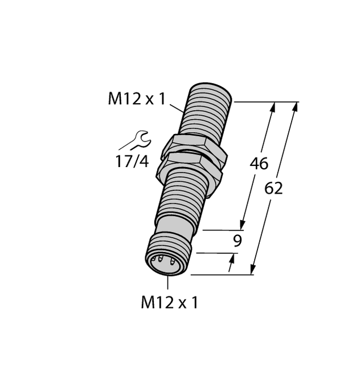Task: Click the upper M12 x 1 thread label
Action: point(137,99)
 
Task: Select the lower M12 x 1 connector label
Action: point(169,302)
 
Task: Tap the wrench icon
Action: point(138,139)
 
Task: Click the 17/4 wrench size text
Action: point(132,162)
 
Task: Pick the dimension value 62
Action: point(274,188)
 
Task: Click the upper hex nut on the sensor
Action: point(194,148)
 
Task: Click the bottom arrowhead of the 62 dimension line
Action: point(253,269)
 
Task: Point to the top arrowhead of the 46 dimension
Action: point(272,108)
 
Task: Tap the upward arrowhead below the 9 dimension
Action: point(232,259)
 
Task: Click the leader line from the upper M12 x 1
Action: point(177,105)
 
